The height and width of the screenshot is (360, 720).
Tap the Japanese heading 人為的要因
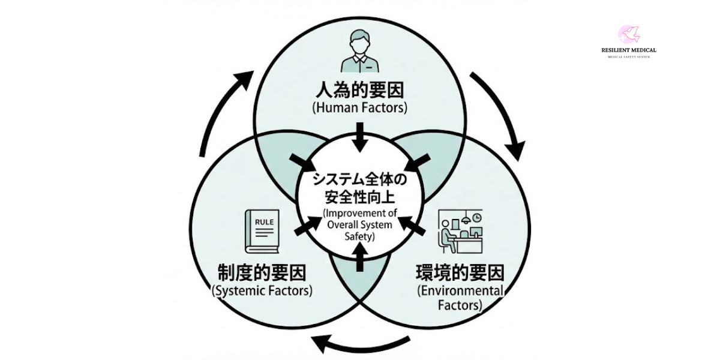[360, 91]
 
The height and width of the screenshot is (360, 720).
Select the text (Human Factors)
[360, 108]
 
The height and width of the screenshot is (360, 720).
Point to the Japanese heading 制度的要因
[262, 273]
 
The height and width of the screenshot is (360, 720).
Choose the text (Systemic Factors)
[262, 291]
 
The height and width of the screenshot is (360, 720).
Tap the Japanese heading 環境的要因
[460, 273]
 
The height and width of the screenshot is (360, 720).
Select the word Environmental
[460, 291]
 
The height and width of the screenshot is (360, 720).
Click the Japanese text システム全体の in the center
[359, 179]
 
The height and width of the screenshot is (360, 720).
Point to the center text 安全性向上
[359, 196]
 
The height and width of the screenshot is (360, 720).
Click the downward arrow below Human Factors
[360, 137]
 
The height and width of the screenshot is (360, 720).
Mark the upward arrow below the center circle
[360, 259]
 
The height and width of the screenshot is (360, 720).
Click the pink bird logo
[628, 34]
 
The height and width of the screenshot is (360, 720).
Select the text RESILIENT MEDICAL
[628, 50]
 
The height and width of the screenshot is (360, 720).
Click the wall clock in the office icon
[476, 217]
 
